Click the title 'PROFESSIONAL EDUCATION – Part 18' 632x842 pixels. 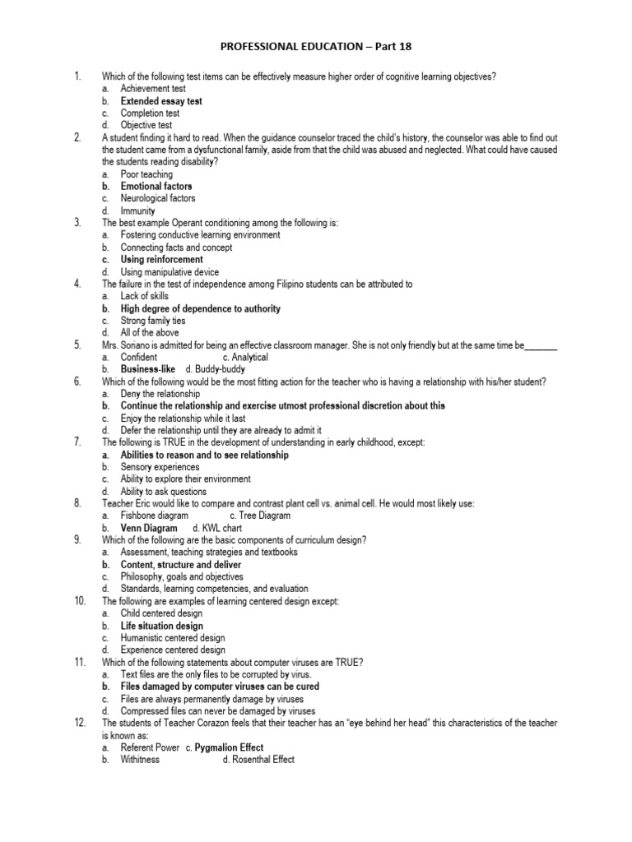coord(316,47)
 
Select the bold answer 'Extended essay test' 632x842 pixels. coord(161,101)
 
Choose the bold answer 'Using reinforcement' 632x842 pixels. coord(161,260)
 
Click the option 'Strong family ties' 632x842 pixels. coord(153,321)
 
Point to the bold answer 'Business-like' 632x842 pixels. coord(148,370)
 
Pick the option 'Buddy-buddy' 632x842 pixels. coord(219,370)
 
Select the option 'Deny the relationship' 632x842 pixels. coord(160,394)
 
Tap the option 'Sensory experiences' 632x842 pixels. coord(160,467)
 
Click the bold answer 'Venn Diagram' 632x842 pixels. coord(149,528)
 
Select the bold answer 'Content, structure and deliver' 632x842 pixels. coord(181,565)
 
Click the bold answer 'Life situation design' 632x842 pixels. coord(162,626)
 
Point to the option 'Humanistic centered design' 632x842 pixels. coord(173,638)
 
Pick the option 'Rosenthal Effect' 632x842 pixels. coord(258,760)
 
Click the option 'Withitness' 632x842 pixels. coord(140,760)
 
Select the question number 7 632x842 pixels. coord(77,442)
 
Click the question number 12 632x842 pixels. coord(80,723)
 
